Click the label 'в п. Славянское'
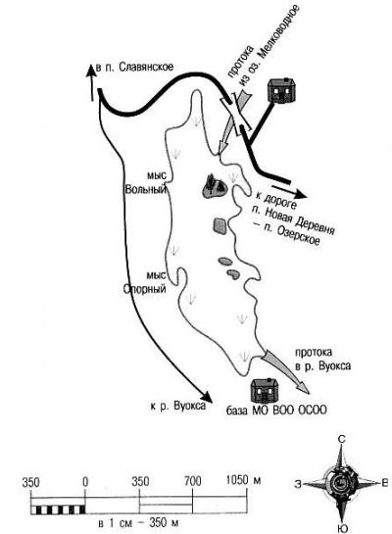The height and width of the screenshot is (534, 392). pyautogui.click(x=134, y=67)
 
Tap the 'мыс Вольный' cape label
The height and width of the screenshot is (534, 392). pyautogui.click(x=146, y=182)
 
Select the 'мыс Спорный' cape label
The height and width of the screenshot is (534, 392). pyautogui.click(x=145, y=282)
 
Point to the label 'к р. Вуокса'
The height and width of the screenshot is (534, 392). pyautogui.click(x=178, y=406)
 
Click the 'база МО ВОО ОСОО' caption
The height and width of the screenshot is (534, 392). pyautogui.click(x=276, y=410)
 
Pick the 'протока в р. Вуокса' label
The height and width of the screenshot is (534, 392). pyautogui.click(x=322, y=359)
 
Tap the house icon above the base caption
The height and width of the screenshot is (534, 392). pyautogui.click(x=266, y=390)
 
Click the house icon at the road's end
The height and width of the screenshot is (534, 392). pyautogui.click(x=281, y=89)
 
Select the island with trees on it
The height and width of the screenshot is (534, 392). pyautogui.click(x=215, y=187)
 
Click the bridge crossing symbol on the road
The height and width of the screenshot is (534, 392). pyautogui.click(x=236, y=114)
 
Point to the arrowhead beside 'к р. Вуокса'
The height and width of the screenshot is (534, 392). pyautogui.click(x=206, y=397)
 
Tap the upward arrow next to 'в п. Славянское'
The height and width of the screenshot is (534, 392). pyautogui.click(x=91, y=82)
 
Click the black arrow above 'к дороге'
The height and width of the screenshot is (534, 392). pyautogui.click(x=289, y=191)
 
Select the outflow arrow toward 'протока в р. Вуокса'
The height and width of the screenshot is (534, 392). pyautogui.click(x=286, y=372)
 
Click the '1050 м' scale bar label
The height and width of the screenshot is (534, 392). pyautogui.click(x=243, y=480)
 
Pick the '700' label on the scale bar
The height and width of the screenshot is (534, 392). pyautogui.click(x=192, y=481)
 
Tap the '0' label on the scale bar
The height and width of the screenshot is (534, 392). pyautogui.click(x=85, y=482)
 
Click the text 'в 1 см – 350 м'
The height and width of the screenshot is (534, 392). pyautogui.click(x=137, y=523)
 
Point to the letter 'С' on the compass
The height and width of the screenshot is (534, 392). pyautogui.click(x=341, y=439)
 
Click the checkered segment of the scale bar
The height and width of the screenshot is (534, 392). pyautogui.click(x=58, y=510)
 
